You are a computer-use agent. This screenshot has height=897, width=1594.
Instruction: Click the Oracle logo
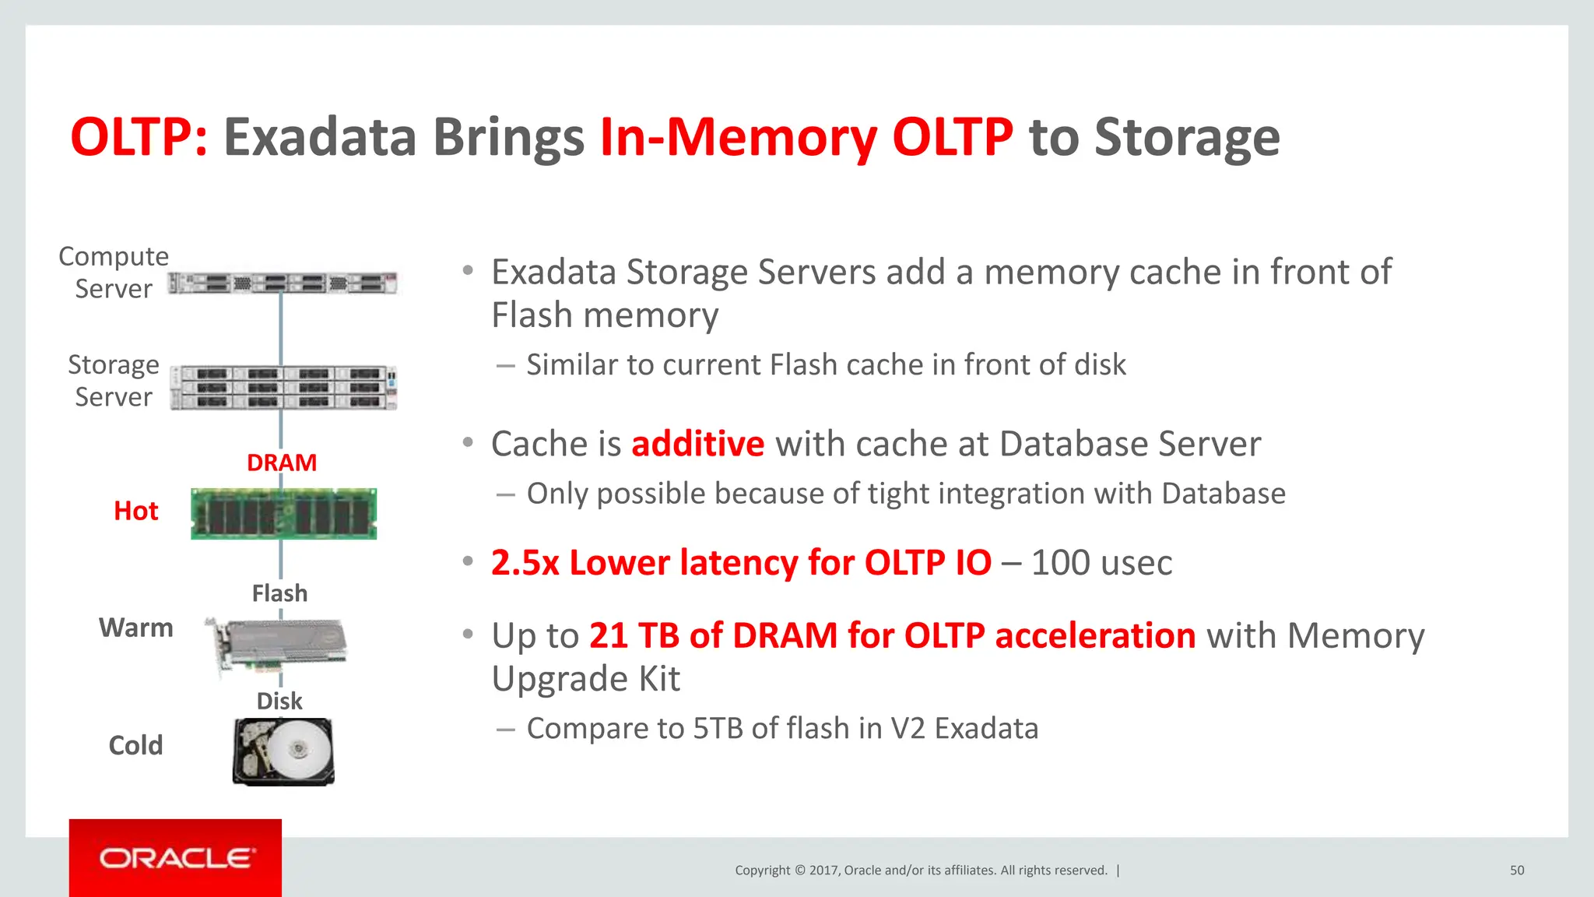click(x=176, y=858)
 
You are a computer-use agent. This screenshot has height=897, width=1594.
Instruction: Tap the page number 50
click(x=1517, y=871)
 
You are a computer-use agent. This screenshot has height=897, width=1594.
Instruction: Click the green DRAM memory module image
click(x=283, y=514)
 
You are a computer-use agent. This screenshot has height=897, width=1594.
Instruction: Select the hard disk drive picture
click(x=283, y=751)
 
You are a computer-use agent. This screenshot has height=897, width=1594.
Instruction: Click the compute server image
click(x=283, y=283)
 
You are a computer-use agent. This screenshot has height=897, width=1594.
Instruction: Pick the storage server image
click(x=283, y=387)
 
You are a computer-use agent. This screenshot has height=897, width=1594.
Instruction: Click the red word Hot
click(x=136, y=511)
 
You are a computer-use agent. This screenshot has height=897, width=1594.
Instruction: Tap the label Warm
click(x=136, y=628)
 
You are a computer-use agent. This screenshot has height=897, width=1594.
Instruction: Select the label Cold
click(x=136, y=745)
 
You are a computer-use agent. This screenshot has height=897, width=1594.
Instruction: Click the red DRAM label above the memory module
click(x=282, y=463)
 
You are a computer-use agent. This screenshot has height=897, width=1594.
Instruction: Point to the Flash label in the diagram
click(x=279, y=593)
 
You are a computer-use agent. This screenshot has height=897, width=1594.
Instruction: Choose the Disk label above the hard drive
click(x=279, y=701)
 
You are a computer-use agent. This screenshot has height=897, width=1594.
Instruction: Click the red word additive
click(x=698, y=444)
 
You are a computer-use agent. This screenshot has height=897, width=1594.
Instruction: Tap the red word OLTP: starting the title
click(x=139, y=137)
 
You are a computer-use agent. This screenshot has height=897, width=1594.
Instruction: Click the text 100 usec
click(x=1101, y=563)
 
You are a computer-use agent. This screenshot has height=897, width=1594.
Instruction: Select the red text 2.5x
click(x=525, y=563)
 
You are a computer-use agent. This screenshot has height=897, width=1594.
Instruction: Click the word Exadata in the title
click(x=320, y=137)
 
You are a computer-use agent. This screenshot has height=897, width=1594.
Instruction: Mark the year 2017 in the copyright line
click(x=824, y=871)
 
